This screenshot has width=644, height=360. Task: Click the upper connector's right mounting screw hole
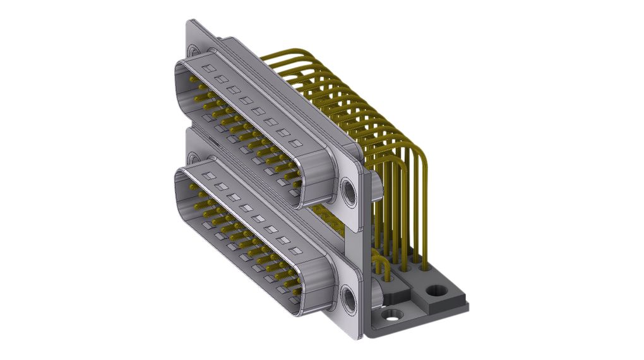point(349,191)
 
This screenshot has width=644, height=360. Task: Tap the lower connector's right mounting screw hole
point(349,299)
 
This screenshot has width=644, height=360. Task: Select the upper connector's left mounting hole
point(193,49)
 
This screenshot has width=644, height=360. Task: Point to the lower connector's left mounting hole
point(193,155)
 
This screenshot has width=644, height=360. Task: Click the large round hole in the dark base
point(436,291)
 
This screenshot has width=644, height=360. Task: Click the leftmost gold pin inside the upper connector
point(193,81)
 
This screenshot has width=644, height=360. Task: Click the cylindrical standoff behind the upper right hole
point(375,187)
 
